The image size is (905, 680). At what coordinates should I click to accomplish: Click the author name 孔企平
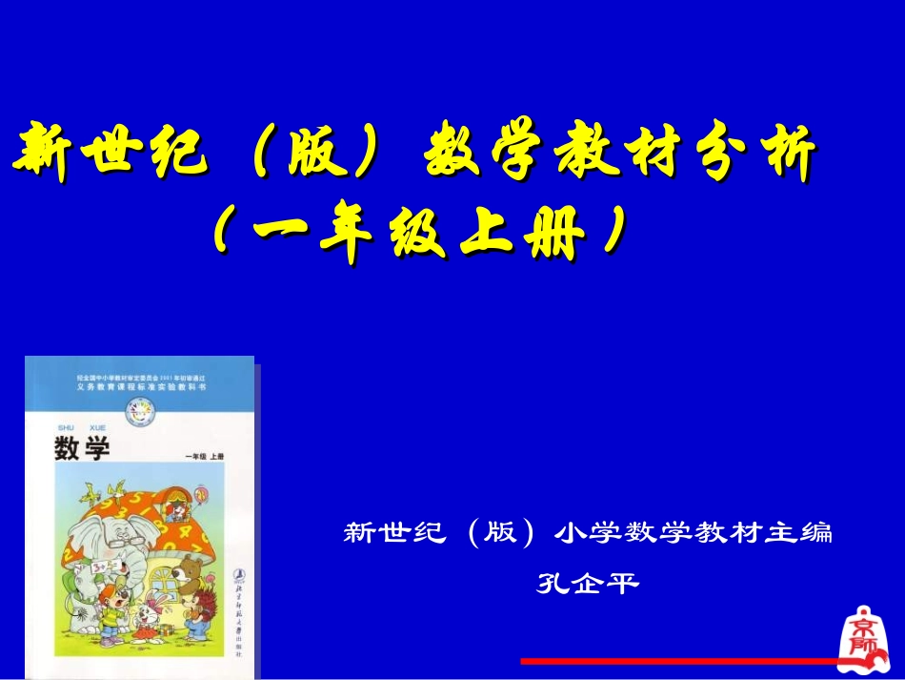587,583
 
